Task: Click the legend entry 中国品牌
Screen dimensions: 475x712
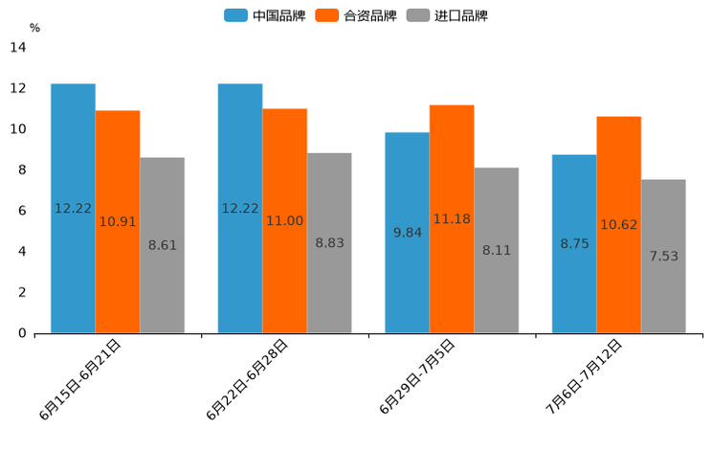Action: click(265, 15)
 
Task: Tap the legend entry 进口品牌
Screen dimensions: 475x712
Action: click(448, 15)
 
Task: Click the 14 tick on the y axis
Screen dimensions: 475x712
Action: click(17, 48)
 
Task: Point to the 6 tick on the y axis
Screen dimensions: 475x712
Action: click(21, 211)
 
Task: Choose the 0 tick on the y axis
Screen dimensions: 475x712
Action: click(21, 333)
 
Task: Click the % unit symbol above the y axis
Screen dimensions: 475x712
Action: click(34, 28)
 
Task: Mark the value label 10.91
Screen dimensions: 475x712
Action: click(118, 221)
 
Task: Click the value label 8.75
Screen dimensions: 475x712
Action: click(574, 243)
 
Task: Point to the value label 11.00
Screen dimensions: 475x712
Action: click(284, 220)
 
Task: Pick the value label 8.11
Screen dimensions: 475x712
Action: click(497, 250)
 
